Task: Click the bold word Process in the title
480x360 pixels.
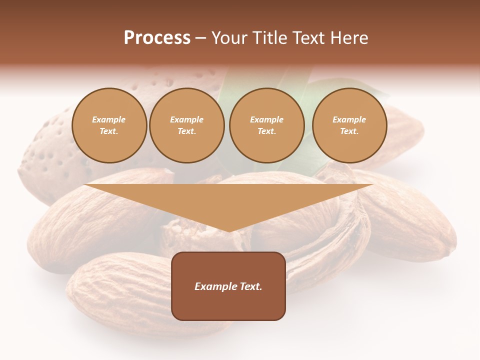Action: tap(157, 38)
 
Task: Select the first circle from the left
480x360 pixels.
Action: tap(109, 125)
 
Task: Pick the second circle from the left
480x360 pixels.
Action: tap(186, 125)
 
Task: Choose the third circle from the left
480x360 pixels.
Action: tap(266, 125)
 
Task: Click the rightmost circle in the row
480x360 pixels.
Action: tap(349, 125)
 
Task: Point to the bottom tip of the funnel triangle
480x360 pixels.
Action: tap(229, 231)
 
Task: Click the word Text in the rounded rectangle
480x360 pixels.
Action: tap(250, 286)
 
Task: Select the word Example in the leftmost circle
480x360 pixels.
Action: tap(109, 120)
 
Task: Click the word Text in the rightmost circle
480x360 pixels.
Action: tap(349, 131)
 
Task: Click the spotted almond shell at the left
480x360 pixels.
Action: tap(45, 150)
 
